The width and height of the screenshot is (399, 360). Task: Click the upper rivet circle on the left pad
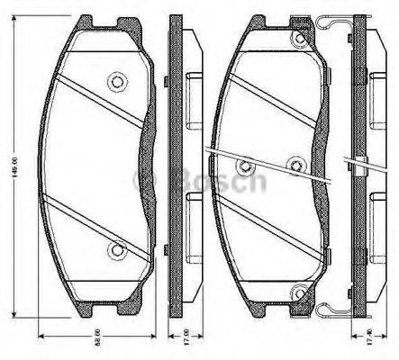tap(115, 82)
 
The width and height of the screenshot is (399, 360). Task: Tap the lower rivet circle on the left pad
tap(115, 251)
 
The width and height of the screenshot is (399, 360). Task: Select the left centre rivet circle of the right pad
tap(245, 165)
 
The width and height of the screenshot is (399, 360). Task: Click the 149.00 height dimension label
tap(13, 167)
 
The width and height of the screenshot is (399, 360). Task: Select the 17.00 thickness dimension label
tap(175, 344)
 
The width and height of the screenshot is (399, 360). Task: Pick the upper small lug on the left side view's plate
tap(168, 82)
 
